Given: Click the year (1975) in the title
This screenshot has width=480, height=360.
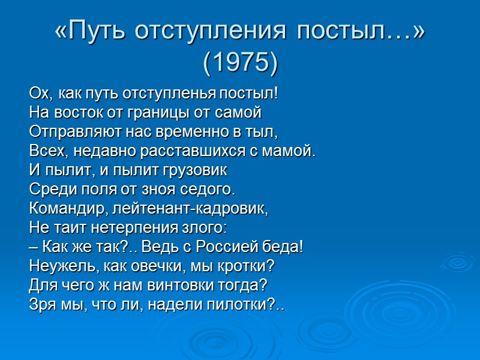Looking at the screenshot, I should coord(240,62).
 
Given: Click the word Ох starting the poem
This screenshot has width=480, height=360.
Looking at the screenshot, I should coord(38,94).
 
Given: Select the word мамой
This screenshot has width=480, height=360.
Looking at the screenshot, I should coord(292,151).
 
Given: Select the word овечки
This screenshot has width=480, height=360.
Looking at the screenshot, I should coord(154,266).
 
